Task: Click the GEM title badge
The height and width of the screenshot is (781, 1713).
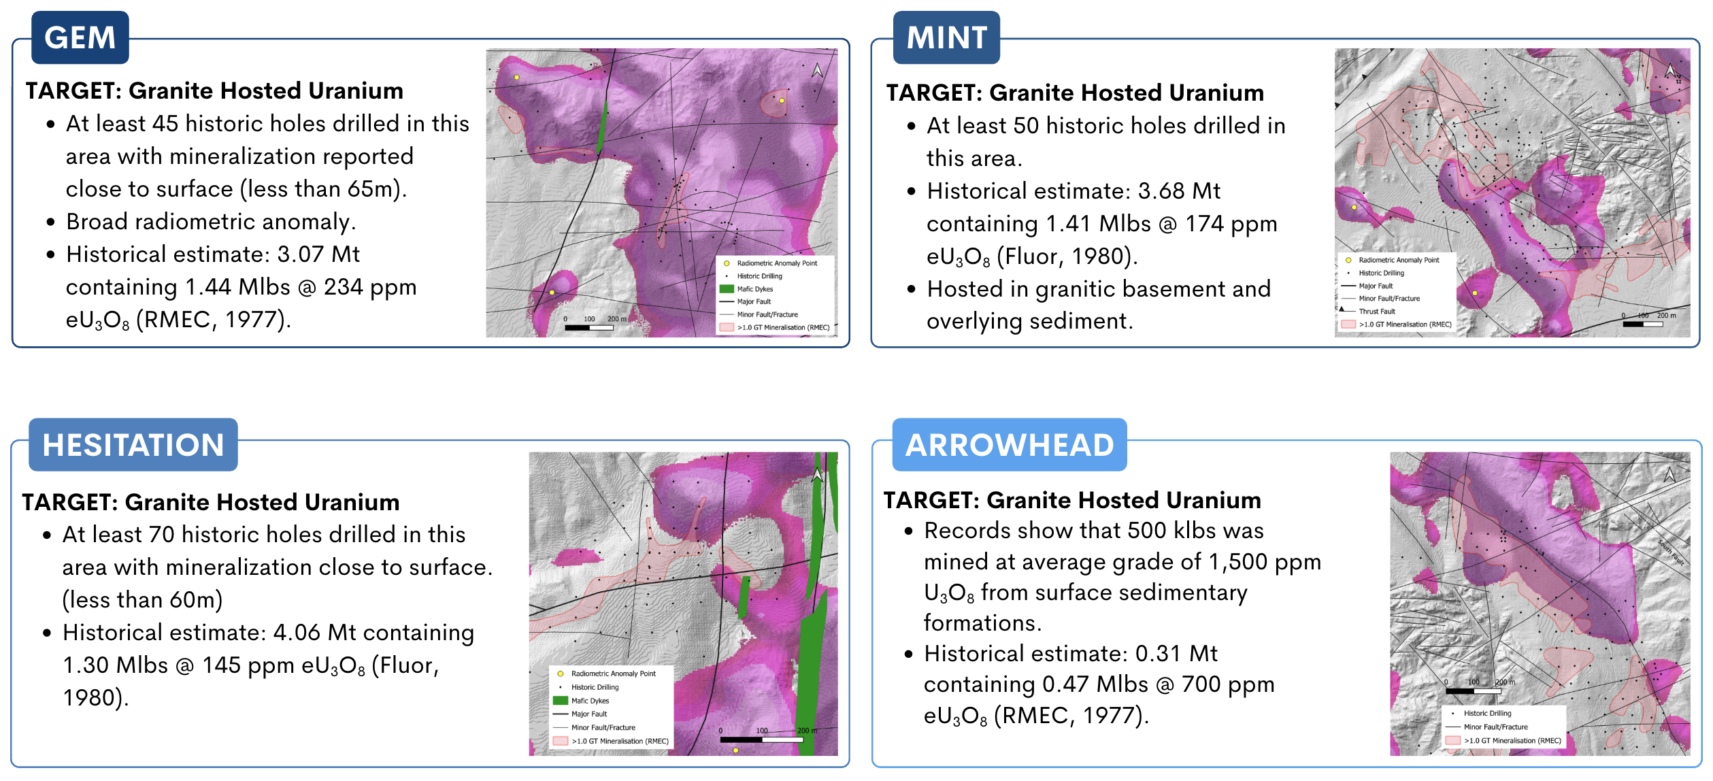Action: point(80,37)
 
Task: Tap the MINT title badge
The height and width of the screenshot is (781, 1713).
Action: point(946,37)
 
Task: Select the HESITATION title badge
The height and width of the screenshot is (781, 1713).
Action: point(133,445)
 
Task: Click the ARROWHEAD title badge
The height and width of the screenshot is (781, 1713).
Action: point(1009,445)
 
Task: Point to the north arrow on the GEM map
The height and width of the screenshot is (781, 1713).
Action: point(817,70)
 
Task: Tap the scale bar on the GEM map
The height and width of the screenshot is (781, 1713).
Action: point(589,327)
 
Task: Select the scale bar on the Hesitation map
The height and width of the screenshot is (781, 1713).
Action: point(762,739)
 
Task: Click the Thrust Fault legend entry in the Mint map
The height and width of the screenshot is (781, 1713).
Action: point(1376,311)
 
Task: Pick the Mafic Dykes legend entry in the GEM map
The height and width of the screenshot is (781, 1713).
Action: point(754,289)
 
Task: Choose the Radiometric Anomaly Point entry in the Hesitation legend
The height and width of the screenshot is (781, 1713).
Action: point(613,674)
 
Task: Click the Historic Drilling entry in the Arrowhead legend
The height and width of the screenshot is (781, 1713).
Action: point(1487,714)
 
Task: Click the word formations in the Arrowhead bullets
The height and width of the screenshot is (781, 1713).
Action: point(981,622)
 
